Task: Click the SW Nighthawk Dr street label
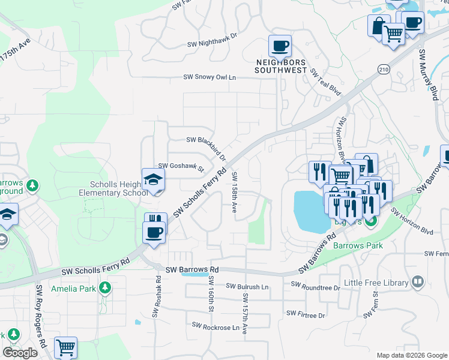(x=212, y=44)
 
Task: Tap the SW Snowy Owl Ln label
(x=209, y=77)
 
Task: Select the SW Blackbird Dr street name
(x=206, y=143)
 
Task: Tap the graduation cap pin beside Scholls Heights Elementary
(x=153, y=179)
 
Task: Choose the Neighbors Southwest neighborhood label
(x=280, y=66)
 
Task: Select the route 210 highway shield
(x=383, y=70)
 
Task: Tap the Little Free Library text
(x=376, y=282)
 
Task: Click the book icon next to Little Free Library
(x=418, y=281)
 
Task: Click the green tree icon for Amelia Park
(x=106, y=289)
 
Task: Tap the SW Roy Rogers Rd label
(x=41, y=316)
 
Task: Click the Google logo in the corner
(x=20, y=353)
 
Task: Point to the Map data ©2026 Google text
(x=411, y=355)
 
